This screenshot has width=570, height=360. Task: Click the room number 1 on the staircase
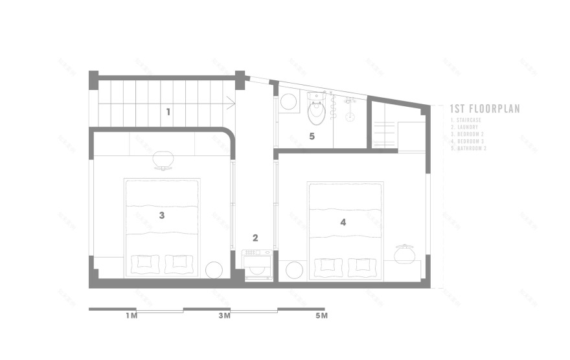(x=168, y=111)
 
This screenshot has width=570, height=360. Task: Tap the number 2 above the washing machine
(x=255, y=238)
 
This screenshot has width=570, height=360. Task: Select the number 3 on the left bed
(x=162, y=215)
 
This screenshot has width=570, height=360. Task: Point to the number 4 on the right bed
(x=343, y=222)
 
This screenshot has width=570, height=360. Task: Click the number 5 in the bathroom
(x=312, y=137)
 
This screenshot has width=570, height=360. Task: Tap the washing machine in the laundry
(x=256, y=265)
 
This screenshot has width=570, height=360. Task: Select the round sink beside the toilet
(x=288, y=102)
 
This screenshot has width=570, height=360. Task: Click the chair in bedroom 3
(x=164, y=159)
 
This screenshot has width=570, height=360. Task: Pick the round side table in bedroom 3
(x=214, y=269)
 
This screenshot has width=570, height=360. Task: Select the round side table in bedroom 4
(x=293, y=269)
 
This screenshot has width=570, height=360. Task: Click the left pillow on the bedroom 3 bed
(x=145, y=264)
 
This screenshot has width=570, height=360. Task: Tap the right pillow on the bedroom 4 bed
(x=361, y=265)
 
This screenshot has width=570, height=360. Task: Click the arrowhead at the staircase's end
(x=231, y=102)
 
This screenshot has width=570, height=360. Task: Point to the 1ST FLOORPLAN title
(x=485, y=109)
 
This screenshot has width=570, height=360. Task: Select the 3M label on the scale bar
(x=224, y=316)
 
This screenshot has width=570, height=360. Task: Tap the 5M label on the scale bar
(x=321, y=316)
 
